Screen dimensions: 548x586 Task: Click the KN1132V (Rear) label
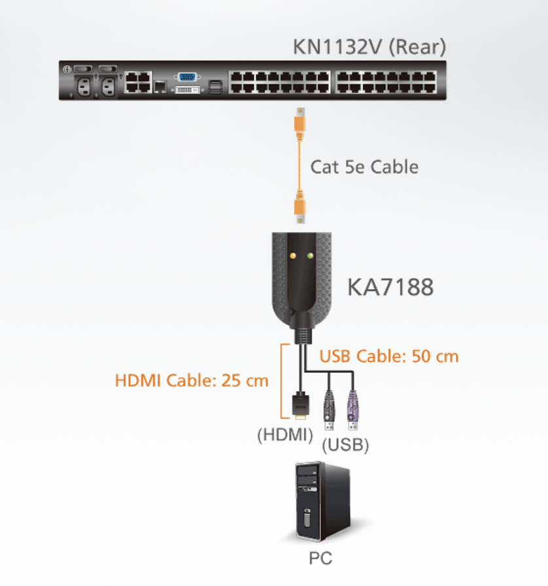(369, 46)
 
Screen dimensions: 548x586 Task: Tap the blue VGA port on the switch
(187, 77)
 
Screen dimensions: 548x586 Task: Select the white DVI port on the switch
(187, 90)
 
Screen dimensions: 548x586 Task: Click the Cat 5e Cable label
(364, 167)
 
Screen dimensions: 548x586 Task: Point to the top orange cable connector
(300, 122)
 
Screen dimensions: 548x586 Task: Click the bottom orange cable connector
(300, 207)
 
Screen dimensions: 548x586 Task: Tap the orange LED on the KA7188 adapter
(293, 256)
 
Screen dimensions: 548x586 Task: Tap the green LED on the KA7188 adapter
(310, 256)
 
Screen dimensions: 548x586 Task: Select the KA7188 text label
(390, 287)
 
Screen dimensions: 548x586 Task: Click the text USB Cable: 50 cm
(389, 356)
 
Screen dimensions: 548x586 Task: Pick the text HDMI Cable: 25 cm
(192, 381)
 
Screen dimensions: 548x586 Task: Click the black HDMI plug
(301, 405)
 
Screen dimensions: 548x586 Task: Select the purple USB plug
(352, 410)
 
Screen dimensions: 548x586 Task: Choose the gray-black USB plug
(329, 410)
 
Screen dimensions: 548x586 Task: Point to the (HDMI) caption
(285, 435)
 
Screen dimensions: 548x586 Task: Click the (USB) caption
(345, 445)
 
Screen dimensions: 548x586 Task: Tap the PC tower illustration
(323, 501)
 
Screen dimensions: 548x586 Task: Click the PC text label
(320, 559)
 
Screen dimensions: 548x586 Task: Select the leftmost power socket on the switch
(84, 88)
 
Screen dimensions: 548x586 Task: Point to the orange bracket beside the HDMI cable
(281, 381)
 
